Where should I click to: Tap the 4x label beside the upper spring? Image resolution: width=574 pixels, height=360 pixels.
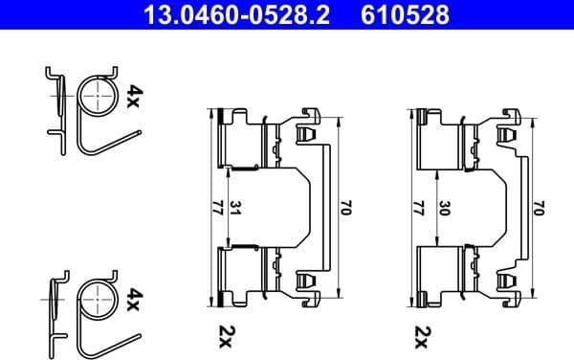135,96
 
